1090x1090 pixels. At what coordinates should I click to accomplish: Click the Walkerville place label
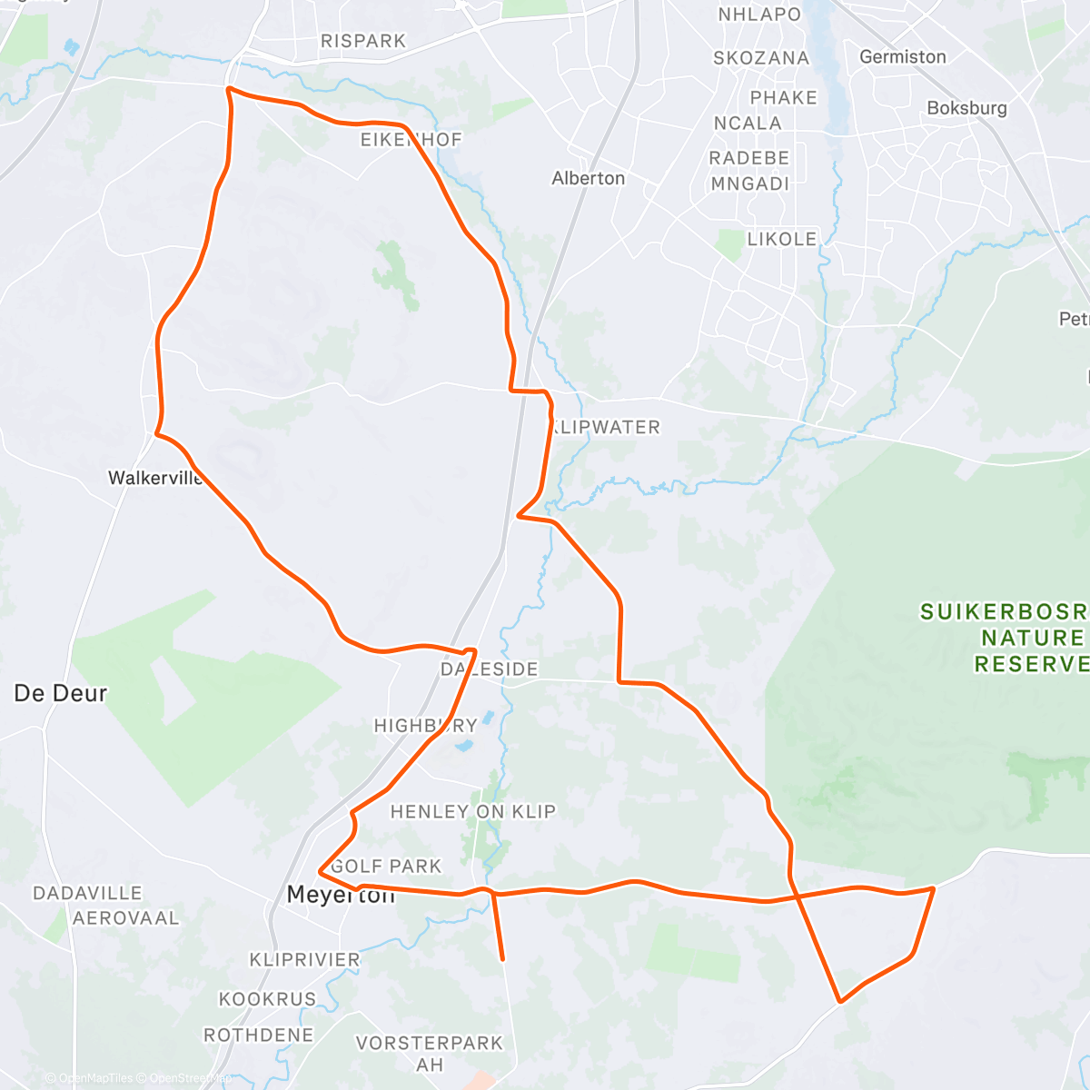click(x=155, y=478)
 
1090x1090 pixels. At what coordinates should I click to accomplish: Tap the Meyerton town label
click(x=341, y=895)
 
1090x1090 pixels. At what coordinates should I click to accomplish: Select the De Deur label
click(x=61, y=694)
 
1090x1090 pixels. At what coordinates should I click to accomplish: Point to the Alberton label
click(x=589, y=178)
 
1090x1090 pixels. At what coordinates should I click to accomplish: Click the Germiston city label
click(x=903, y=56)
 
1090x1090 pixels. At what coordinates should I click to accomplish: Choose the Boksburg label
click(x=966, y=108)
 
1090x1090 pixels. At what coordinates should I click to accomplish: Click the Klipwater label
click(x=605, y=427)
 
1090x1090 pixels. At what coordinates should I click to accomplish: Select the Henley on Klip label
click(x=472, y=812)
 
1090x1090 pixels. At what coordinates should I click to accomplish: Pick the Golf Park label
click(x=386, y=867)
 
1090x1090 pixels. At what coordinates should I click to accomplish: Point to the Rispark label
click(x=363, y=41)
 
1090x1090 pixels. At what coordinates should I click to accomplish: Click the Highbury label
click(x=426, y=726)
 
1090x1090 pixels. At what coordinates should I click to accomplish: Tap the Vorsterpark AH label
click(x=430, y=1053)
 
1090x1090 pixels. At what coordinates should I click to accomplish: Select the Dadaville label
click(x=88, y=894)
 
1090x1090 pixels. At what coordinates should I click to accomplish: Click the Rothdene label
click(x=259, y=1035)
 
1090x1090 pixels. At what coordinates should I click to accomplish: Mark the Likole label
click(x=782, y=239)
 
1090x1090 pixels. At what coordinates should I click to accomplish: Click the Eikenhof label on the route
click(x=411, y=140)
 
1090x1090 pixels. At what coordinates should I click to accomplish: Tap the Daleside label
click(x=490, y=669)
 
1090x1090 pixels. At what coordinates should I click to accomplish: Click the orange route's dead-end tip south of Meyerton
click(x=502, y=958)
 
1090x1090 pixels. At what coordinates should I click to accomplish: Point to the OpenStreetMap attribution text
click(x=189, y=1078)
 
